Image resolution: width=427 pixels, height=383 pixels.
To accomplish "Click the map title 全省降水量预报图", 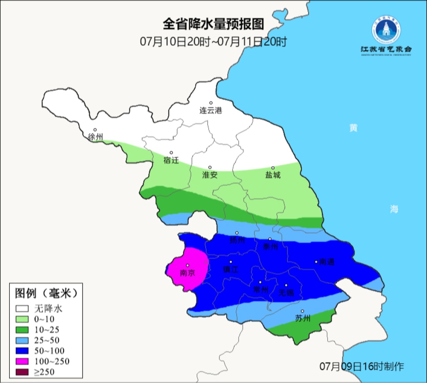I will [x=213, y=24].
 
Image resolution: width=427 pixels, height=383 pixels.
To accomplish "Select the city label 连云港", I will [x=211, y=111].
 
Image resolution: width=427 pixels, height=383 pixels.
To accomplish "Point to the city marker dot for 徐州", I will [x=95, y=130].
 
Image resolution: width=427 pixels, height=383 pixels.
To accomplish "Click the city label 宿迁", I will [x=171, y=160].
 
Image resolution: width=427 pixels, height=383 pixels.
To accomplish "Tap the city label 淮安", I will [x=210, y=175].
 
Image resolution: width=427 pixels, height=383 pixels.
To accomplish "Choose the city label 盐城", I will [x=273, y=175].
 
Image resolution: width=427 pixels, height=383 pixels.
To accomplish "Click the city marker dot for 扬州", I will [x=237, y=233].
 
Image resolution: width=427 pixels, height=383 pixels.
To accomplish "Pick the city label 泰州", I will [x=270, y=247].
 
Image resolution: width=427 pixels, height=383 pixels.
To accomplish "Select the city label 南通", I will [x=327, y=262].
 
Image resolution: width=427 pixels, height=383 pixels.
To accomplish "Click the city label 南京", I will [x=187, y=273].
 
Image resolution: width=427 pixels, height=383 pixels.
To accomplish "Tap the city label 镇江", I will [x=231, y=270].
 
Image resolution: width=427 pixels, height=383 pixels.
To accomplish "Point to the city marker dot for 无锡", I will [x=286, y=285].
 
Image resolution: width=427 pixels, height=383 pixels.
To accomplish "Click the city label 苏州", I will [x=303, y=318].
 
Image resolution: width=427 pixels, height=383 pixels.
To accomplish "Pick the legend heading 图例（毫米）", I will [x=46, y=293].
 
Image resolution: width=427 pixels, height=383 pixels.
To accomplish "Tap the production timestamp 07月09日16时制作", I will [x=362, y=367].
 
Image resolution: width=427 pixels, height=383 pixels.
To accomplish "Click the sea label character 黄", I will [x=354, y=128].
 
